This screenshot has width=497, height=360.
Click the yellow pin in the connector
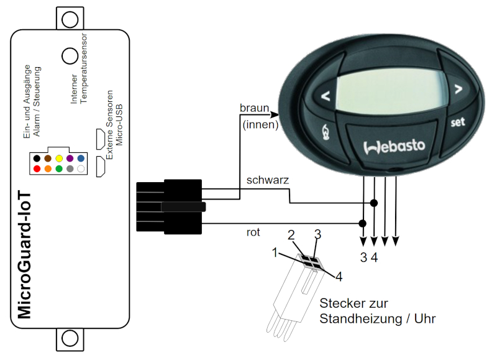point(58,159)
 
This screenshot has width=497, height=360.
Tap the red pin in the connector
point(37,169)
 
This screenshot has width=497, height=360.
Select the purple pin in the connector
point(70,159)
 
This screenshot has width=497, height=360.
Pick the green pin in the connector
point(58,169)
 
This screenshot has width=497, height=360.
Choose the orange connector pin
point(48,169)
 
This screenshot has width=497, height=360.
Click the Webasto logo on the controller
point(393,147)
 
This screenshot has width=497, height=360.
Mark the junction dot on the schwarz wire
point(374,203)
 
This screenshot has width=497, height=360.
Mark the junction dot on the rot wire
point(363,223)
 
